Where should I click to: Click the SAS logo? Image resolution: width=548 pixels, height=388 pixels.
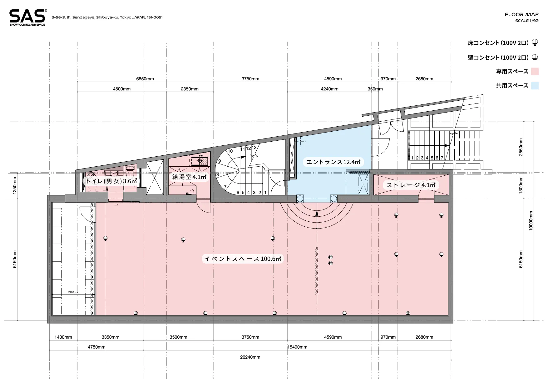tap(27, 18)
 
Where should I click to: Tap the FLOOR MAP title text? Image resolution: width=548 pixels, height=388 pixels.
tap(521, 14)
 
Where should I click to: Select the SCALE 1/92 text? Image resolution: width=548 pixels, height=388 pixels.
tap(527, 21)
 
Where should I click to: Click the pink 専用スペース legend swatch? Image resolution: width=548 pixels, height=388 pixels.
tap(535, 71)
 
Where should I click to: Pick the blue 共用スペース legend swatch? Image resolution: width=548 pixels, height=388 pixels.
tap(535, 85)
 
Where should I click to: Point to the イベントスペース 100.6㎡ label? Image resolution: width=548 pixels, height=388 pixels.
tap(243, 259)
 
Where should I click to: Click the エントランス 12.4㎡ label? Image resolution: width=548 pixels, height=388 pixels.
tap(333, 162)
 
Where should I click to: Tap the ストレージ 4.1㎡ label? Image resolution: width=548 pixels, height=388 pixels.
tap(411, 185)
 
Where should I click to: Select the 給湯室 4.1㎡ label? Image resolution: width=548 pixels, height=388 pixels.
tap(189, 177)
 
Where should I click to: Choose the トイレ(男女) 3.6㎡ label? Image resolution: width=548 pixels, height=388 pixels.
tap(111, 181)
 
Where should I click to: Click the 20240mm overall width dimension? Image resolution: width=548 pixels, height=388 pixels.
tap(250, 357)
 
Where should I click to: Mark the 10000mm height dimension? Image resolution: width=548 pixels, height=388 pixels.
tap(531, 221)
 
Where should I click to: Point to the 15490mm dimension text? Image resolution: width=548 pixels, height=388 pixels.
tap(297, 347)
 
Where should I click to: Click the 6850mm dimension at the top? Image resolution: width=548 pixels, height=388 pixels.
tap(145, 79)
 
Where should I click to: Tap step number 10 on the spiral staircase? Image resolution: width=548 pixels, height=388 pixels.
tap(230, 151)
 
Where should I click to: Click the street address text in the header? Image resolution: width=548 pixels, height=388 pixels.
tap(107, 18)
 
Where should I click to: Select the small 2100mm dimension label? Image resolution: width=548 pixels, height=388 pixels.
tap(73, 292)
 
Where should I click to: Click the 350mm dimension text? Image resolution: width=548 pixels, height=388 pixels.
tap(375, 89)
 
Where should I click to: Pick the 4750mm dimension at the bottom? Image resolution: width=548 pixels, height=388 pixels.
tap(96, 347)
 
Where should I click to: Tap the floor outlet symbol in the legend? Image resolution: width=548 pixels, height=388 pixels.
tap(535, 43)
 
